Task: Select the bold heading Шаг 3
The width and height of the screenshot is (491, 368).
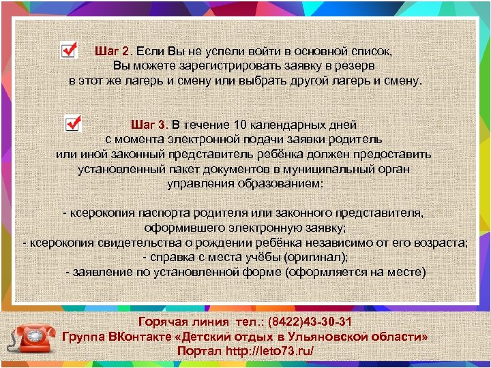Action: (149, 125)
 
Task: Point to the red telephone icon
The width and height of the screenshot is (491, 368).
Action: (32, 339)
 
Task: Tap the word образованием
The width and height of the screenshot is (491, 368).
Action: (281, 183)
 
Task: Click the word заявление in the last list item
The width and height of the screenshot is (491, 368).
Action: (96, 273)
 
